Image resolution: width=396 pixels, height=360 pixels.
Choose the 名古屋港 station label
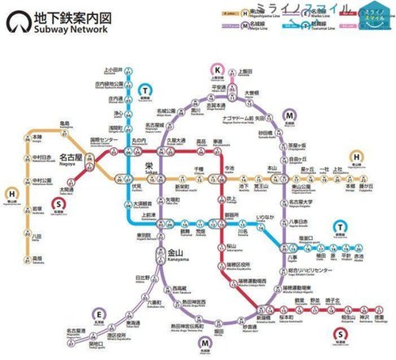[76, 332]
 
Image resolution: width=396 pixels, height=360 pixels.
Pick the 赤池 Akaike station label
[359, 259]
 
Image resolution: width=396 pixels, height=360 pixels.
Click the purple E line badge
[98, 313]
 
